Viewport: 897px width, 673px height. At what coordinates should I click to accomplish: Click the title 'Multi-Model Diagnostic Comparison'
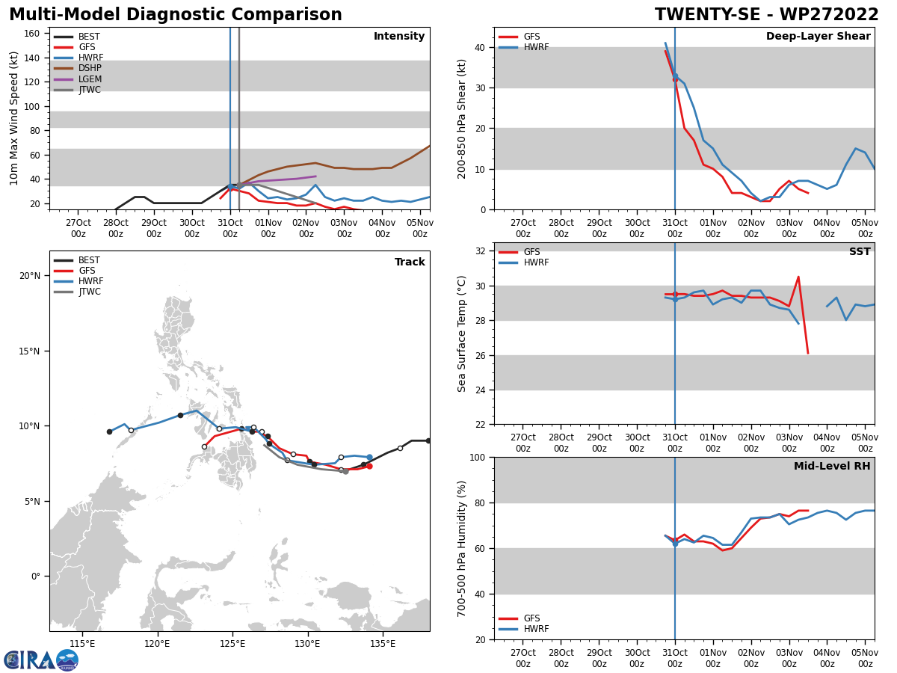176,15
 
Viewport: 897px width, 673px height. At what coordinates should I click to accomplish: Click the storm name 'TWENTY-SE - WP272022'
766,15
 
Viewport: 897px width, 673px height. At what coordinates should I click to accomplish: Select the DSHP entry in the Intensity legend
90,69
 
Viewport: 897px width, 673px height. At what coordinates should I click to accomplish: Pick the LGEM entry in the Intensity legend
90,79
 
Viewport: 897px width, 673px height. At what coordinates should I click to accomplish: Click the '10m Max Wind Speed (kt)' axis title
15,118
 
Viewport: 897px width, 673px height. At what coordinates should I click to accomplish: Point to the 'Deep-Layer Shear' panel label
818,37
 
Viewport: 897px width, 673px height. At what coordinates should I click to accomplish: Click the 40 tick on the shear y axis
478,48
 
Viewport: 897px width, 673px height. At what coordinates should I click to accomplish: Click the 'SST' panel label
860,252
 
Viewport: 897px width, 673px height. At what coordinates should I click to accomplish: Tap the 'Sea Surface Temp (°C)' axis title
462,334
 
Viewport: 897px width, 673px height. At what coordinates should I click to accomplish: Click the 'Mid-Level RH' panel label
832,467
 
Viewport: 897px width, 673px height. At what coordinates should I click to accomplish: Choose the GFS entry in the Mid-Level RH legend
531,618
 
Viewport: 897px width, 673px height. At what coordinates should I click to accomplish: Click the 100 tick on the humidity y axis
475,457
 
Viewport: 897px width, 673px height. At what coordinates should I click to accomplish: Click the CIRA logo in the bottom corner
41,660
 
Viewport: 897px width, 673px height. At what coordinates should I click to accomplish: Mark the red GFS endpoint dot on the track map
369,466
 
